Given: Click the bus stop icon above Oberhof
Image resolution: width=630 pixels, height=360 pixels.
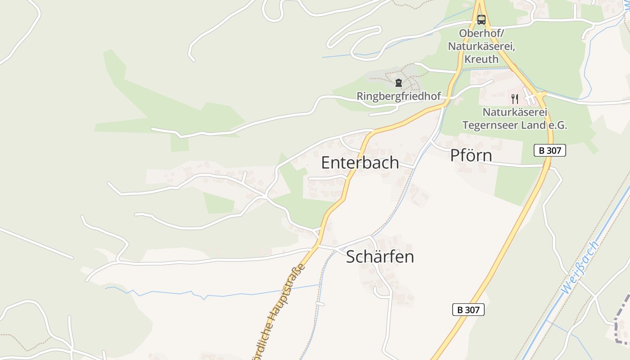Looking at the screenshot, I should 481,19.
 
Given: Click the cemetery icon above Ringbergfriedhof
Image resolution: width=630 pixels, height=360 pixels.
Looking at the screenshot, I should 398,83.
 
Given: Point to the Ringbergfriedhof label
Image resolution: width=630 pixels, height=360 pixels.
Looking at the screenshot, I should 398,96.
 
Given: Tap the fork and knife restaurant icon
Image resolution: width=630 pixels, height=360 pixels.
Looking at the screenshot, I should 515,99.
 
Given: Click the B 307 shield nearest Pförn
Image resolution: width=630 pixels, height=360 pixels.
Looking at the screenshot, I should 549,150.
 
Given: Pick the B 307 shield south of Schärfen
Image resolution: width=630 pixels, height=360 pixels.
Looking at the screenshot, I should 468,310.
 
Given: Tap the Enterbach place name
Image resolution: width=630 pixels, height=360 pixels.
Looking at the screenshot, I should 360,162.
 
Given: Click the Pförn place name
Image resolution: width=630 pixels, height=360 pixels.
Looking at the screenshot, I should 471,156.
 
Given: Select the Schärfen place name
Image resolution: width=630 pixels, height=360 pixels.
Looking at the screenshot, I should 380,257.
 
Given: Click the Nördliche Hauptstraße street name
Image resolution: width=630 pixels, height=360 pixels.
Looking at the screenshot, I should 279,310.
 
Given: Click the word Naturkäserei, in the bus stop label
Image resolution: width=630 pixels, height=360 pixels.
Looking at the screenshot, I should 481,46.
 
